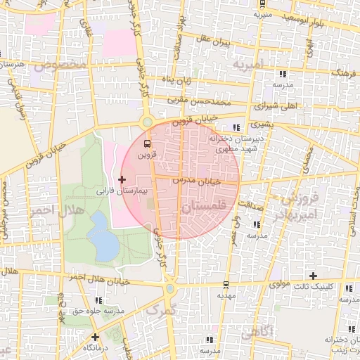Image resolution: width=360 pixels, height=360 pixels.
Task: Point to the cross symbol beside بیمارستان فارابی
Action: pyautogui.click(x=122, y=180)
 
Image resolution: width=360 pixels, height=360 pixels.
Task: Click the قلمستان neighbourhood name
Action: pyautogui.click(x=203, y=207)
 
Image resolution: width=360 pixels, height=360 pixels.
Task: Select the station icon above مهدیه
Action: pyautogui.click(x=224, y=285)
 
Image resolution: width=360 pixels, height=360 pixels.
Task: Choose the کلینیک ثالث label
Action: pyautogui.click(x=312, y=287)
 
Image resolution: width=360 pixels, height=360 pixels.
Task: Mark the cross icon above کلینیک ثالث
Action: pyautogui.click(x=313, y=275)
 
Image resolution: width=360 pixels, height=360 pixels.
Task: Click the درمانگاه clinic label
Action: pyautogui.click(x=94, y=348)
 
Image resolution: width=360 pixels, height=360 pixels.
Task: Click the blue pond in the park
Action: pyautogui.click(x=104, y=236)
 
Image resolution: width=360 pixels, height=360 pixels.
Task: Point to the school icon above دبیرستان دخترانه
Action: pyautogui.click(x=236, y=127)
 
